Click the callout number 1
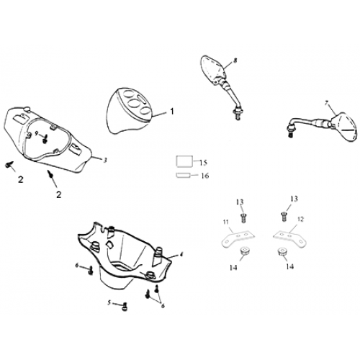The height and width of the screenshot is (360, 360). coord(172,112)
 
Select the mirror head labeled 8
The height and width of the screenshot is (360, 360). coord(212,68)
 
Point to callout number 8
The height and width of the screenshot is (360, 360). coord(235,60)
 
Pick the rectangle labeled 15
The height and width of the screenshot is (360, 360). coord(184,161)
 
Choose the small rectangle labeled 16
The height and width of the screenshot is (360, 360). coord(184,176)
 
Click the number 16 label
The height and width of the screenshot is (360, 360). coord(204,176)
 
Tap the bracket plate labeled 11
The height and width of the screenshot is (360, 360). coord(238,238)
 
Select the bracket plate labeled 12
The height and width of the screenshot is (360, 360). coord(290,238)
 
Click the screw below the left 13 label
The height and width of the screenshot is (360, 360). coord(243,218)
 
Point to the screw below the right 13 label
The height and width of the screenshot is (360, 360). coord(284,217)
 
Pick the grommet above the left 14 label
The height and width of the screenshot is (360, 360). coord(244,251)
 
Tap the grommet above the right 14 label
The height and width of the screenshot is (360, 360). coord(282,253)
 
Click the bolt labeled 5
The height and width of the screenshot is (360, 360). coord(125,306)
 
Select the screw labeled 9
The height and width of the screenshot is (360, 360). coord(45,139)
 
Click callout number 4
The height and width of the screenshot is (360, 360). coord(181,254)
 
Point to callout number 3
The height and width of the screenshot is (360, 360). coord(104,161)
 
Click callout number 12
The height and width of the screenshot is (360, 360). coord(300,219)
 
